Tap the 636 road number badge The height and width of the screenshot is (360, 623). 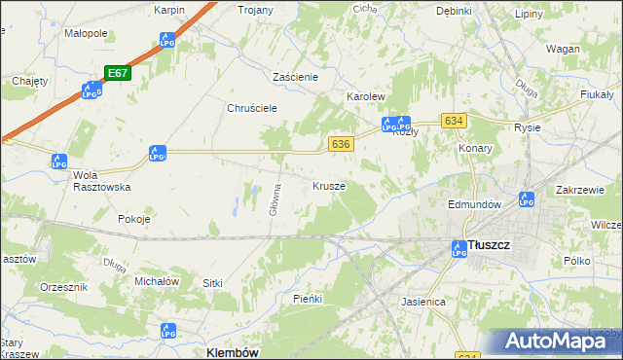(340, 143)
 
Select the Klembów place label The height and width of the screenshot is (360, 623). (232, 352)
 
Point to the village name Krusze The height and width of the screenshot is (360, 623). (328, 185)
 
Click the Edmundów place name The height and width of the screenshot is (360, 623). (474, 205)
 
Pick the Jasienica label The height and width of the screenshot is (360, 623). (422, 303)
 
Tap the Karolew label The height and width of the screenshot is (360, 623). (367, 98)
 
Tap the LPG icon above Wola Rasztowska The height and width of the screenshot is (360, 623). (60, 162)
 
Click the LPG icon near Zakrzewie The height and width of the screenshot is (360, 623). (528, 199)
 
